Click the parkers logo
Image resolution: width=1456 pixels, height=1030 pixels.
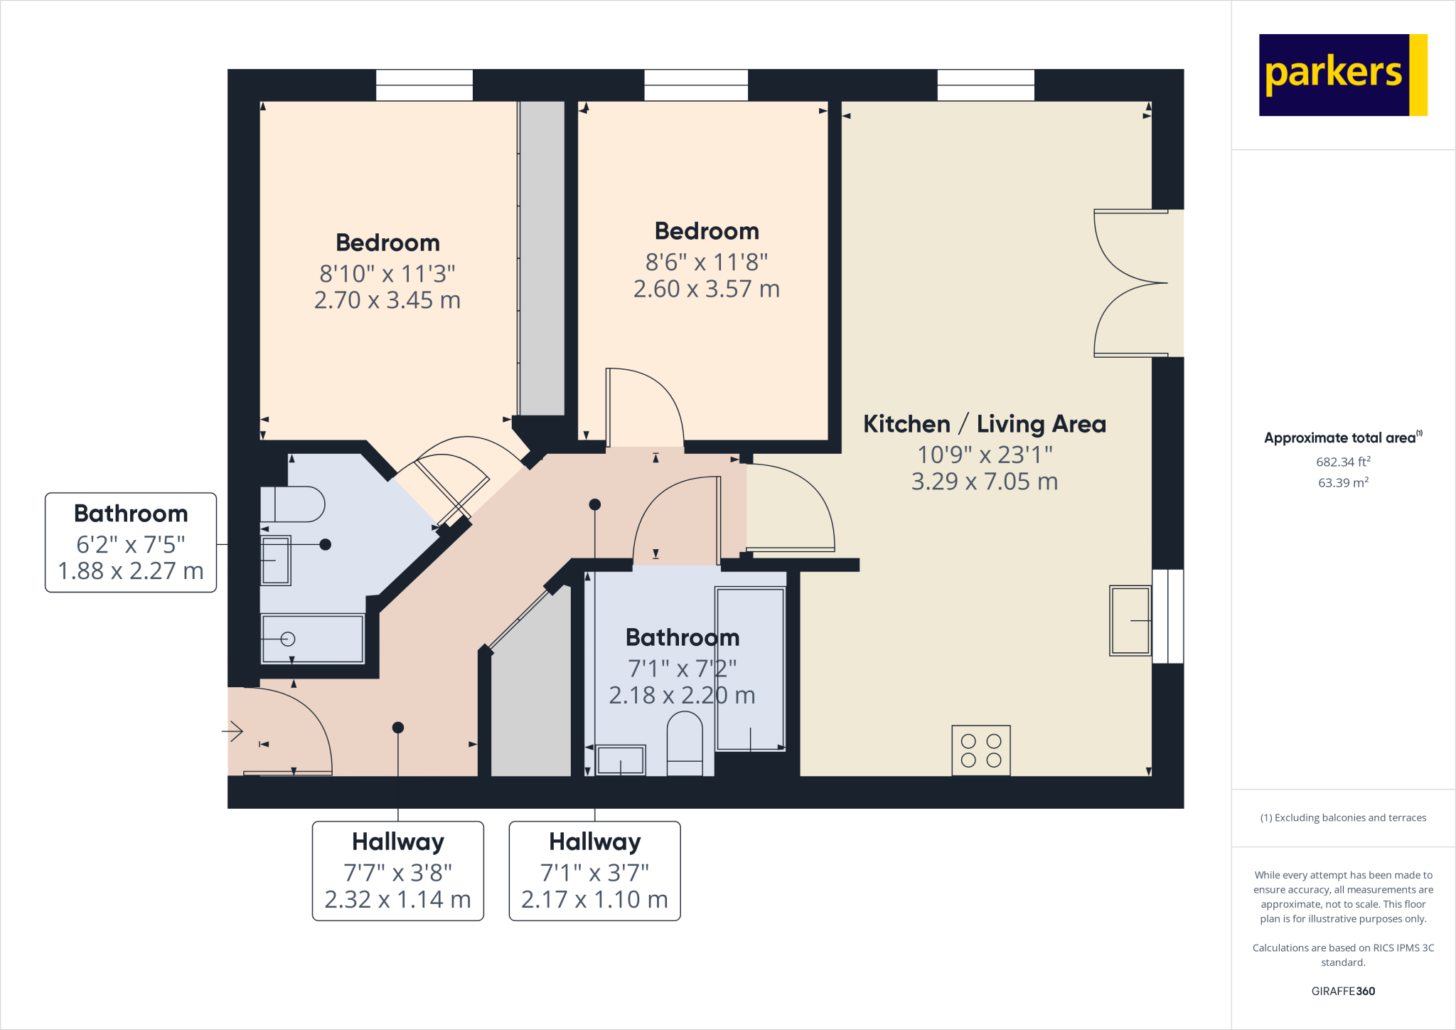(x=1342, y=75)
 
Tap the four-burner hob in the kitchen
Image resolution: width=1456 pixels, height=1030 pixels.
(x=980, y=750)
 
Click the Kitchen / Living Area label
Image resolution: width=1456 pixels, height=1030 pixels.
(x=985, y=424)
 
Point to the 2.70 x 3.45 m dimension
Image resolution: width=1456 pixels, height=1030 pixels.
(x=387, y=300)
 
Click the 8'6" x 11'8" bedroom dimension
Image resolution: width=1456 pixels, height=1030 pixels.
(x=706, y=262)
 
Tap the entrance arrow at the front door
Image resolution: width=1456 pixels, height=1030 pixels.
(x=233, y=731)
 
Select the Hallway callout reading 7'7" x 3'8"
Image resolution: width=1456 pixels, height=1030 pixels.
(x=397, y=871)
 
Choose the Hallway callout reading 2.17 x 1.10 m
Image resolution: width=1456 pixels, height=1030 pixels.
(x=594, y=899)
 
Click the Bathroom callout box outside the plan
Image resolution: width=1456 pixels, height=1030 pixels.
(x=131, y=542)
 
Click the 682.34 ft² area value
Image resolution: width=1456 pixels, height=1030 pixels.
(x=1343, y=462)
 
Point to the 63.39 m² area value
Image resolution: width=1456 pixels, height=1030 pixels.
(x=1343, y=482)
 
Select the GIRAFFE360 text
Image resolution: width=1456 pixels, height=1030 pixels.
(x=1343, y=991)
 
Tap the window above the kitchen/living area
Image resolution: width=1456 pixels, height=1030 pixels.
(x=985, y=85)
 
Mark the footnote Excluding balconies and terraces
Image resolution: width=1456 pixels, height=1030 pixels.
(x=1343, y=817)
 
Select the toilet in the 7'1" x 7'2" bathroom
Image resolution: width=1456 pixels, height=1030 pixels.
(x=685, y=743)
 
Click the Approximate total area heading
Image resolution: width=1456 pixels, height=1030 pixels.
(x=1342, y=437)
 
